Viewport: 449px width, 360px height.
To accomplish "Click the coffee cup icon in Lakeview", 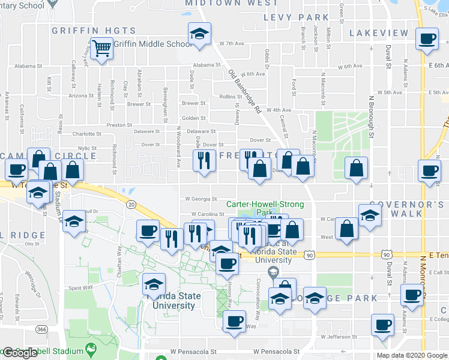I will (x=427, y=40).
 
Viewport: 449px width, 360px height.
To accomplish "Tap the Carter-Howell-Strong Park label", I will (x=265, y=208).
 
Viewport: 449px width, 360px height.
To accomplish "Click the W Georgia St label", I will (x=200, y=199).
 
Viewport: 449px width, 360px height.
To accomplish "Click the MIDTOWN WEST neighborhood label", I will (x=231, y=3).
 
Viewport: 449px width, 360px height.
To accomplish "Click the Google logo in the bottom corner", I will (x=20, y=353).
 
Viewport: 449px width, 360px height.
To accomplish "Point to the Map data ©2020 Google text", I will (x=412, y=355).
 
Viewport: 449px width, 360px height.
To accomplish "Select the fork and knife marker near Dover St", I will (x=204, y=160).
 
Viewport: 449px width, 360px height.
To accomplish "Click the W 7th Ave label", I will (x=232, y=44).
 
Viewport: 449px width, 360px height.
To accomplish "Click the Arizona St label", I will (x=81, y=95).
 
